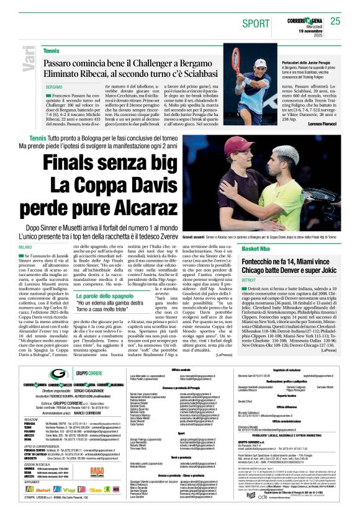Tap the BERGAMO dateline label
55,86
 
